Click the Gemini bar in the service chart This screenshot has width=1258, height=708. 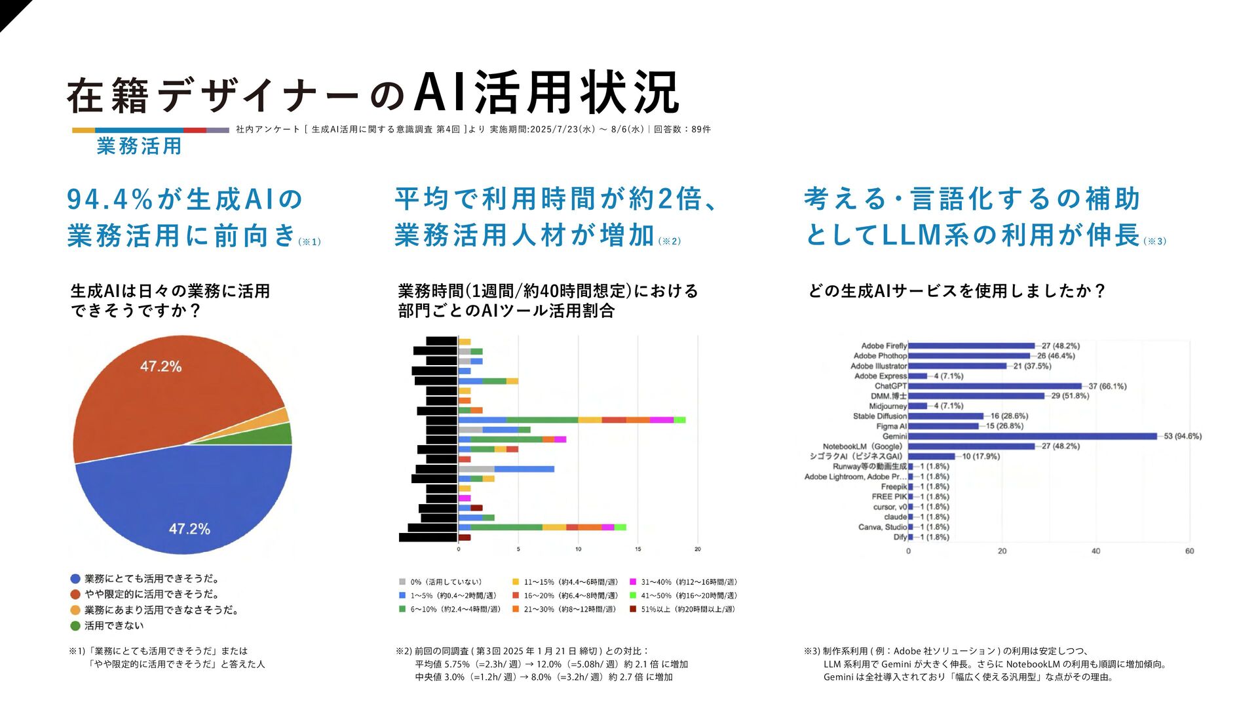coord(1032,436)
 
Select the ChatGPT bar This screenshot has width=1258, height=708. coord(995,386)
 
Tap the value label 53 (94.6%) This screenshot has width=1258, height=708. coord(1182,436)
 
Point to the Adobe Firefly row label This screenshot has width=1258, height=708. coord(884,345)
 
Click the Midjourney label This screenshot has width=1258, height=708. coord(888,406)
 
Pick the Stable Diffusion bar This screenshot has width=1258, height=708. coord(945,416)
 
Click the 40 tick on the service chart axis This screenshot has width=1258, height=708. coord(1096,551)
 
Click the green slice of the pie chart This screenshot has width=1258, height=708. coord(280,434)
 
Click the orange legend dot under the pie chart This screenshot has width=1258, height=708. coord(75,610)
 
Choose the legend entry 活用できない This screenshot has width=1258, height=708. coord(114,625)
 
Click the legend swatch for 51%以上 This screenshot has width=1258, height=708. coord(633,609)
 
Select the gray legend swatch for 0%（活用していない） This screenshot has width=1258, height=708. coord(402,581)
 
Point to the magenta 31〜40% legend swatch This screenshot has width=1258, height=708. coord(633,581)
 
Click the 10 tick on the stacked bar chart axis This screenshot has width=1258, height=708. coord(578,549)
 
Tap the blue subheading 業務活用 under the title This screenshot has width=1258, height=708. coord(139,146)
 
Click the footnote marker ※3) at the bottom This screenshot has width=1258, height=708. coord(812,651)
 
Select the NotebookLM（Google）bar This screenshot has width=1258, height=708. coord(971,446)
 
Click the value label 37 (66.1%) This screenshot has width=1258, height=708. coord(1107,386)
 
